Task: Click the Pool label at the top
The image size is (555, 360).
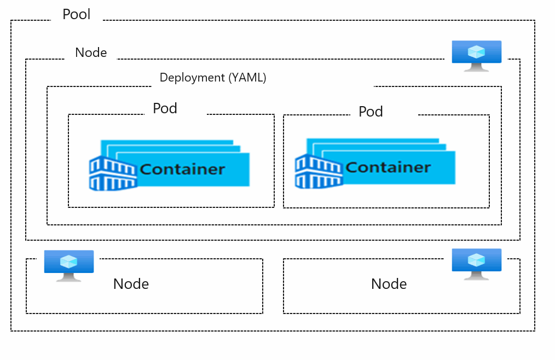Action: tap(77, 14)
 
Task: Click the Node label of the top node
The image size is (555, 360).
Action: tap(91, 53)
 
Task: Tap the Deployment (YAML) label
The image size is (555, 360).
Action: tap(212, 78)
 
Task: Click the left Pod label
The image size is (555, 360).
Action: tap(165, 108)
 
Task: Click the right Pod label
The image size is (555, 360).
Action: tap(371, 112)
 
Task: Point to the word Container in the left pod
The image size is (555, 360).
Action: tap(182, 169)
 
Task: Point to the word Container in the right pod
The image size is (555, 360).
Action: tap(388, 167)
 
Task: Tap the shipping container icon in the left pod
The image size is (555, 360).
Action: tap(113, 173)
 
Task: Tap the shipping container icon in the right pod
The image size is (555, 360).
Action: tap(319, 171)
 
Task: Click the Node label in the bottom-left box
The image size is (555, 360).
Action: tap(131, 284)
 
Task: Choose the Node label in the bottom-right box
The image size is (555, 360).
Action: tap(389, 284)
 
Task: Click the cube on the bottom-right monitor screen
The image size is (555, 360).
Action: tap(477, 260)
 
